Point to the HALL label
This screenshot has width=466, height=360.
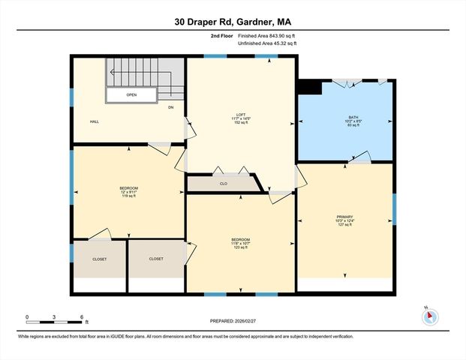click(95, 121)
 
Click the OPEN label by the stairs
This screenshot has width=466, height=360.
click(131, 95)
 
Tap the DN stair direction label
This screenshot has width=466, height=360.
click(170, 108)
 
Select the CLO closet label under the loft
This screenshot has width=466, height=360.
click(224, 183)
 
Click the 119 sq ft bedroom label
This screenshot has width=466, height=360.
click(128, 191)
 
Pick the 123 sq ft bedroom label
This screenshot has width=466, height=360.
click(240, 244)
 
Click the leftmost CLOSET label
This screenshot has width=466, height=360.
click(99, 259)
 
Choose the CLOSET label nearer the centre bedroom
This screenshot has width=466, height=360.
click(156, 259)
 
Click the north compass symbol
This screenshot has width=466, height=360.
click(429, 316)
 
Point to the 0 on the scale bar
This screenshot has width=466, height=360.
click(27, 316)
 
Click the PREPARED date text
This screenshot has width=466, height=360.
click(233, 320)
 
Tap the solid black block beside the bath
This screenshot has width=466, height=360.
click(309, 88)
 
